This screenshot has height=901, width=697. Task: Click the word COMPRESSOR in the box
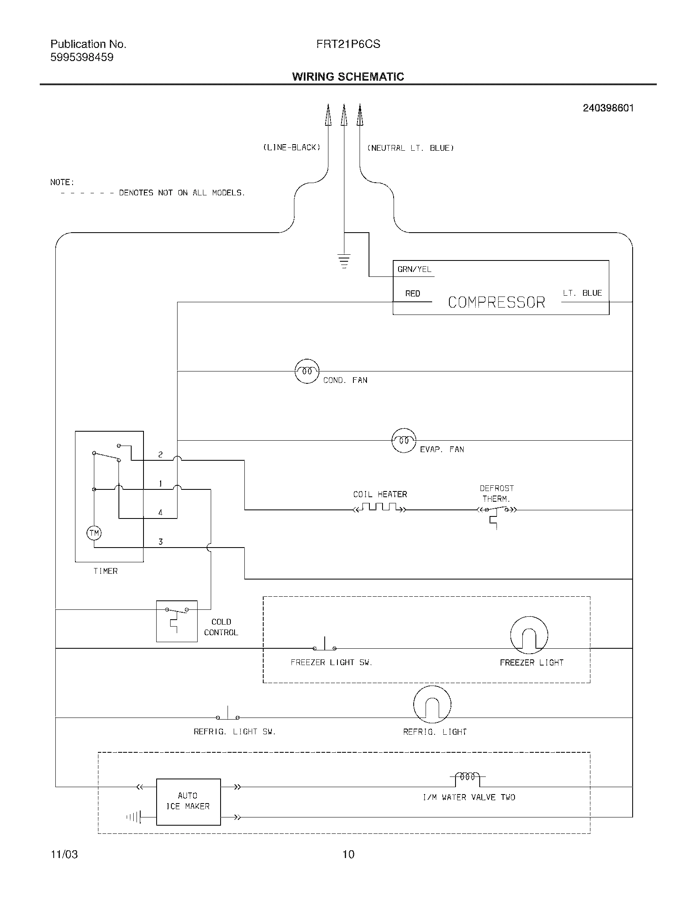(497, 302)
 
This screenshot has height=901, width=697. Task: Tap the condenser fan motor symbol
(307, 371)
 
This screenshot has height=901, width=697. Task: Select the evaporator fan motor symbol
(403, 440)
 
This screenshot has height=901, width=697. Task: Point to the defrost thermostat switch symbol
(497, 512)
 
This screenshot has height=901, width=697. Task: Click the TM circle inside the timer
(94, 532)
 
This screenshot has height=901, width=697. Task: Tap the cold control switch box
(177, 621)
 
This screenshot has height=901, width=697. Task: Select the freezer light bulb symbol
(529, 635)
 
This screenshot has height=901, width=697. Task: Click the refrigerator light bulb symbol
(432, 704)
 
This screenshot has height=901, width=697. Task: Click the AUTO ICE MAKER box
(188, 801)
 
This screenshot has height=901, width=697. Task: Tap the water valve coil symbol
(467, 776)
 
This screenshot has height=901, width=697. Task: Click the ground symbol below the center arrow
(344, 261)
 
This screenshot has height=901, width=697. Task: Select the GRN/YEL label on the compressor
(414, 269)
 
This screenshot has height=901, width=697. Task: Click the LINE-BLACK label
(292, 147)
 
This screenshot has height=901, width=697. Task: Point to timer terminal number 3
(161, 542)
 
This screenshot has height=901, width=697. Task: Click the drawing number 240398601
(608, 108)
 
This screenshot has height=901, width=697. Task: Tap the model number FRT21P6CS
(348, 44)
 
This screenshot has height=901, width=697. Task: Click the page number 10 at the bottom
(348, 854)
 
